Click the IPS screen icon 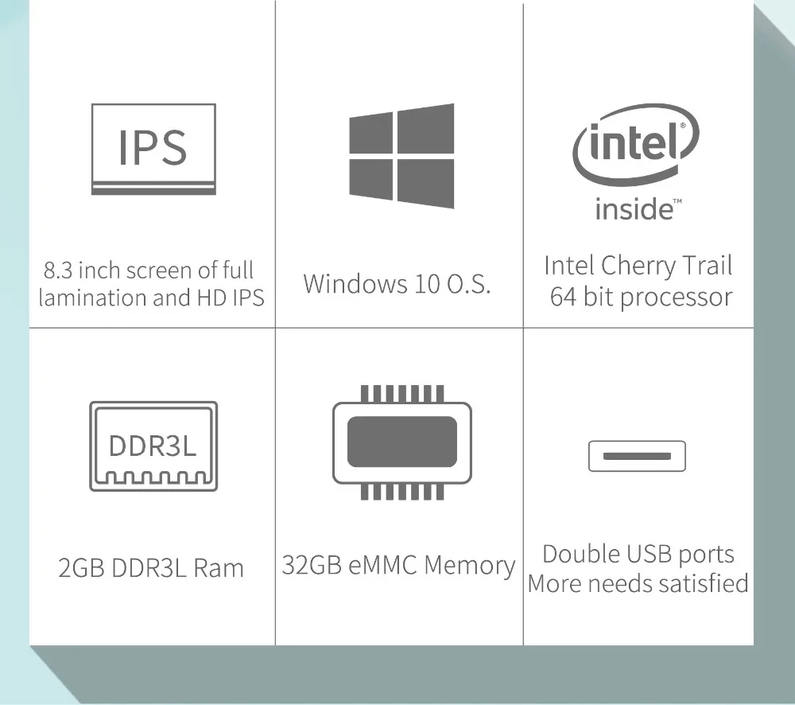(153, 149)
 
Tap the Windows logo (401, 156)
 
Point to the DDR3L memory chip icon (153, 446)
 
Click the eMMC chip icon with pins (401, 442)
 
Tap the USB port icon (636, 456)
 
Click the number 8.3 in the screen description (58, 270)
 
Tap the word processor (675, 297)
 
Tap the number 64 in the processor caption (562, 297)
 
